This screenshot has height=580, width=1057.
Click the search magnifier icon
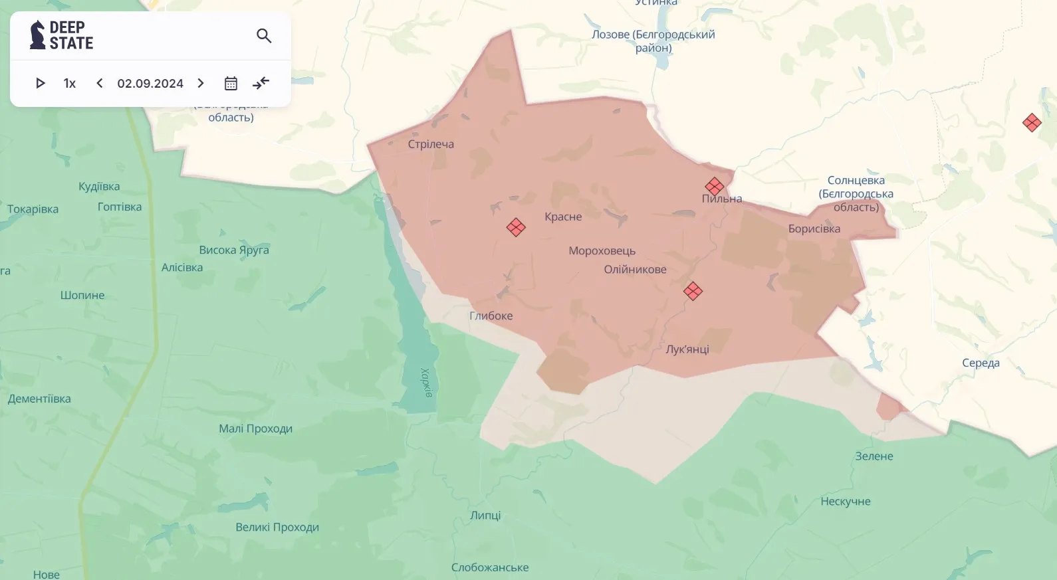pos(264,36)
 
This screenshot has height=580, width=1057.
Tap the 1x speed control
pos(70,83)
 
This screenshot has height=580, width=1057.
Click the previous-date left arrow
pos(100,83)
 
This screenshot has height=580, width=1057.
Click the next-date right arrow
pos(201,83)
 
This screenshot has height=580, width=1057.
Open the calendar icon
pos(231,83)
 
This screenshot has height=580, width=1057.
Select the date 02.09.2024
pos(150,83)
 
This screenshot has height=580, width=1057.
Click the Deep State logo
pos(61,35)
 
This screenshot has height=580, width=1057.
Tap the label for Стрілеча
pos(431,144)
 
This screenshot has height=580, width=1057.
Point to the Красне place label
pos(563,217)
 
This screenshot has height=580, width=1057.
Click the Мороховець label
pos(602,250)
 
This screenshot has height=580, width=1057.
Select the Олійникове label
pos(635,269)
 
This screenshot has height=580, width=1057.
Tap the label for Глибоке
pos(491,316)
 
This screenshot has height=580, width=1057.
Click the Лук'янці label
pos(687,349)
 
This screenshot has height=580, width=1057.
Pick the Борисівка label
pos(814,229)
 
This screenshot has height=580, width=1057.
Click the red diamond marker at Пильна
pos(715,186)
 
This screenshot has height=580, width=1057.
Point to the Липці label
pos(485,515)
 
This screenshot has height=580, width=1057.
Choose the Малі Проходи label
pos(255,429)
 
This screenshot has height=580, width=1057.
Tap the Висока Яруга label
pos(234,250)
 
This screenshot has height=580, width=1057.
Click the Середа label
pos(981,363)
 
